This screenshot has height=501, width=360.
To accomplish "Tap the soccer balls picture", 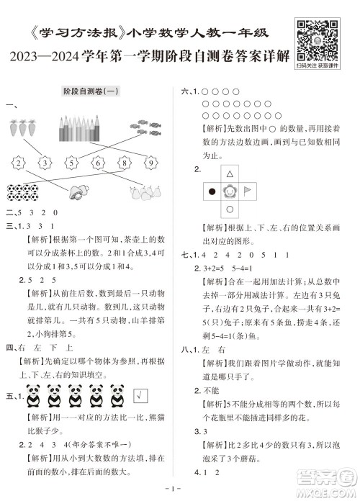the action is (x=24, y=192).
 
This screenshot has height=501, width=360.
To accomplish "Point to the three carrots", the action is (x=24, y=130).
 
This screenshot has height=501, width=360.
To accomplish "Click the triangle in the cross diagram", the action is (x=230, y=174).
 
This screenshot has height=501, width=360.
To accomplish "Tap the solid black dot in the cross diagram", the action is (x=212, y=192).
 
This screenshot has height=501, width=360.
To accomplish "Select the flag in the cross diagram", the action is (x=249, y=192).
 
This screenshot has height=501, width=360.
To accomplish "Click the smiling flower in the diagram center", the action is (x=230, y=192).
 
